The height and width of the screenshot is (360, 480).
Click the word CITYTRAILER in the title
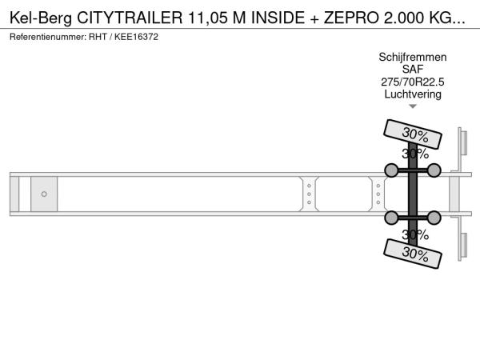[130, 18]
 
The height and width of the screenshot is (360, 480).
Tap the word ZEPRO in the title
[352, 18]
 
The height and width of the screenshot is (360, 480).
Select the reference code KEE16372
[136, 37]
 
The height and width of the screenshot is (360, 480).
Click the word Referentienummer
[48, 37]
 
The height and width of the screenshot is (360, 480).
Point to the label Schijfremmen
[413, 57]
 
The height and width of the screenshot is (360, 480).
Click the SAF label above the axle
[413, 69]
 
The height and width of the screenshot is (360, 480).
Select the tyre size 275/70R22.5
[413, 82]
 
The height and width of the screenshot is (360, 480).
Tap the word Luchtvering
[413, 94]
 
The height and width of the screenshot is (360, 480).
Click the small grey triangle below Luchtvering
[413, 106]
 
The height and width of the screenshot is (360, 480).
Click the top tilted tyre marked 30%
[413, 134]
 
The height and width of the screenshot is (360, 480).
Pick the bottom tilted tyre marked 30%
[413, 254]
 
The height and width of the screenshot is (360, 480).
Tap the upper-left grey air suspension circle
[391, 170]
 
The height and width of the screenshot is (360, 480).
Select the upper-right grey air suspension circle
[434, 170]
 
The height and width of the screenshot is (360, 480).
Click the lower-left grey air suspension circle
[391, 218]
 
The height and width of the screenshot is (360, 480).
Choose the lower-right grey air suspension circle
[434, 218]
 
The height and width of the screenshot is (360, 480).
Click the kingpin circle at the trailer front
[44, 194]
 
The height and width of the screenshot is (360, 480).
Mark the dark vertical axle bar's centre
[413, 194]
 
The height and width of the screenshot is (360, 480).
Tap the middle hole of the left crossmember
[309, 194]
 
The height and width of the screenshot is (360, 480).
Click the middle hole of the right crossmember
[378, 194]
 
